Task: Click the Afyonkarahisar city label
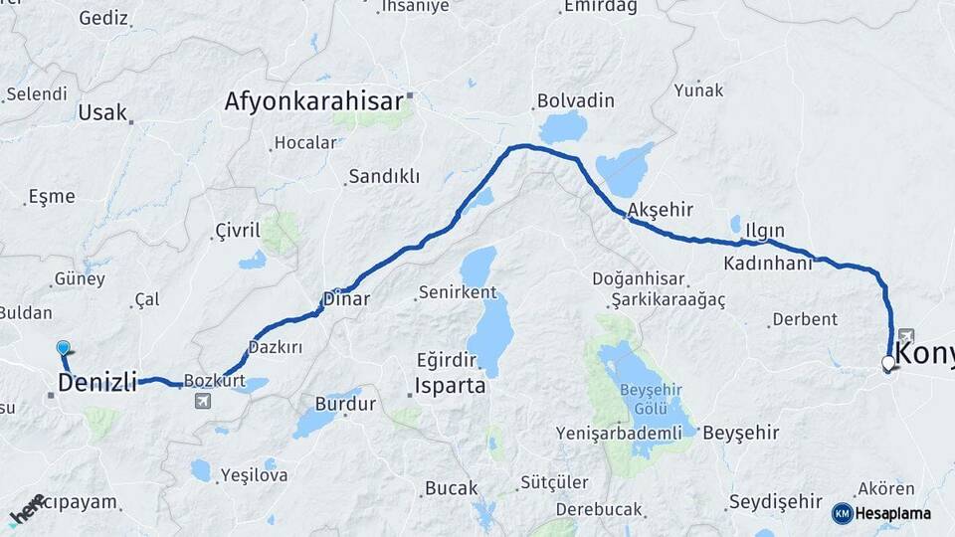click(x=313, y=100)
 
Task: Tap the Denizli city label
click(x=97, y=383)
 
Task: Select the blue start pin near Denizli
click(x=64, y=347)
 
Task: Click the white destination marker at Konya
click(x=887, y=364)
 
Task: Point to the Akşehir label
click(x=661, y=210)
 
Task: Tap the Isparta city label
click(x=451, y=385)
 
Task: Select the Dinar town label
click(x=348, y=298)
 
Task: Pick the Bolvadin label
click(x=575, y=100)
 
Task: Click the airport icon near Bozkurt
click(x=204, y=401)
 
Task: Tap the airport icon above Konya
click(x=905, y=335)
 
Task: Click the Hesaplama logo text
click(x=892, y=513)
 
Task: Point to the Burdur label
click(x=345, y=404)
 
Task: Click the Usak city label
click(x=102, y=111)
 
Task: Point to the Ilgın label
click(x=765, y=231)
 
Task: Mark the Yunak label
click(x=699, y=89)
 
